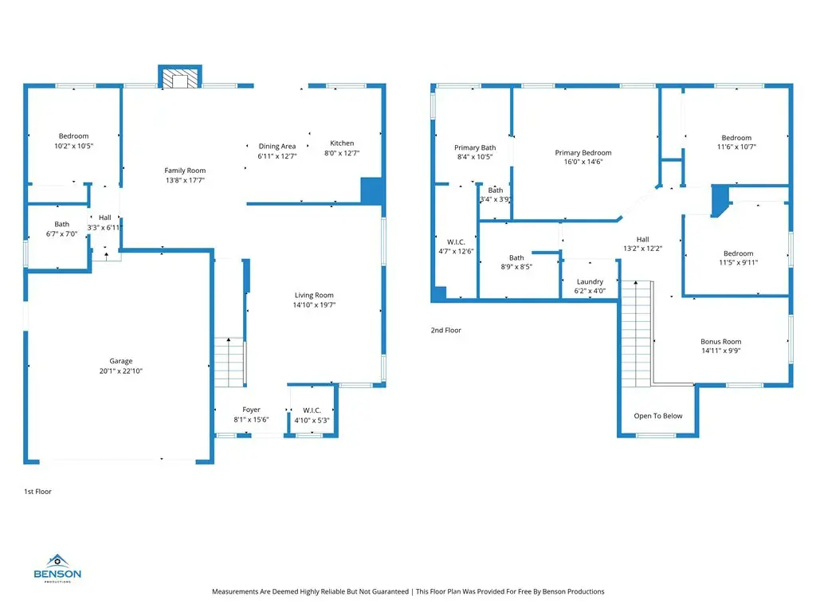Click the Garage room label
121,361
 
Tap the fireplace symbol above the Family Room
180,76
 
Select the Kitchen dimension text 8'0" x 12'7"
342,153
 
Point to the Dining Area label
277,147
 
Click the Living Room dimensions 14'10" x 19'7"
314,305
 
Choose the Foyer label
251,410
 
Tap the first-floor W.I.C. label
312,410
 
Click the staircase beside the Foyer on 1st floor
229,363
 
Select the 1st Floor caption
37,491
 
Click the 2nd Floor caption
446,330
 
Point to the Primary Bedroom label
583,152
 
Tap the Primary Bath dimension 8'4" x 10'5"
475,157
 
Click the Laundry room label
590,281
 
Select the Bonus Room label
720,341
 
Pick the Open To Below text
658,416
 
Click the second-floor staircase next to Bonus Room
637,334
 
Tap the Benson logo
57,568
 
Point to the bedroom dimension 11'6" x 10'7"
736,147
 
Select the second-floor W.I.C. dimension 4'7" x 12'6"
456,251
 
